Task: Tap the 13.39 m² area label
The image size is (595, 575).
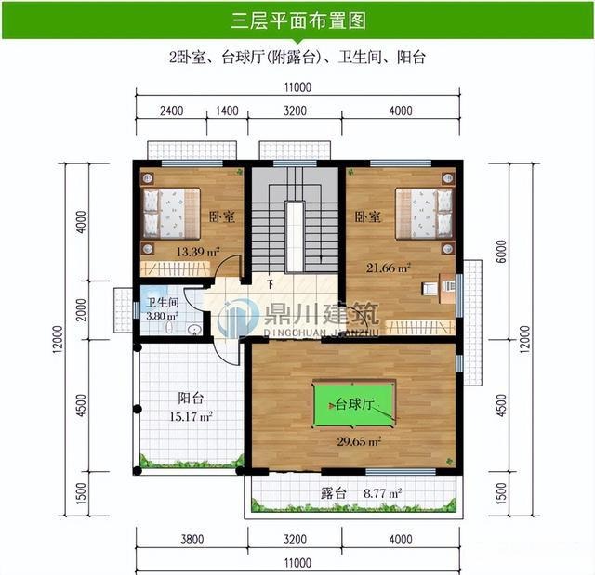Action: pos(198,252)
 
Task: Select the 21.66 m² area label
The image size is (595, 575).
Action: pos(389,268)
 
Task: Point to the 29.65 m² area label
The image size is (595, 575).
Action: pos(359,441)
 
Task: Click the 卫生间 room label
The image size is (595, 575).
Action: pos(163,303)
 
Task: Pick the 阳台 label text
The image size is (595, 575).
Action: pos(191,399)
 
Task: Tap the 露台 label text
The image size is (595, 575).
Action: pos(333,493)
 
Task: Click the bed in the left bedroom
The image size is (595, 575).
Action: pos(171,213)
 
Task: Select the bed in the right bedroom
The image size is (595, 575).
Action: pos(424,214)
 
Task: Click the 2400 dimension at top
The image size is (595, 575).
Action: pos(171,111)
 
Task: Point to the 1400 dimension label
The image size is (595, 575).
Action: pos(227,111)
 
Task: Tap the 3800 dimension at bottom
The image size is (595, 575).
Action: pos(192,540)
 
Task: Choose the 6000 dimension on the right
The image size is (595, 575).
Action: pos(501,252)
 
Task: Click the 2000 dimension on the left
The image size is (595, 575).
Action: pos(81,310)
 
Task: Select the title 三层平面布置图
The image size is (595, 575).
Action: pos(298,20)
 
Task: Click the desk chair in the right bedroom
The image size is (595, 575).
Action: pos(430,289)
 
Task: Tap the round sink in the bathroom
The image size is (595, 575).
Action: pos(195,330)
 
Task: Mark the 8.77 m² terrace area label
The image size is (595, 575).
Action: pos(382,493)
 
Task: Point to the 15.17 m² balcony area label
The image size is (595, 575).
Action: pos(191,417)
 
